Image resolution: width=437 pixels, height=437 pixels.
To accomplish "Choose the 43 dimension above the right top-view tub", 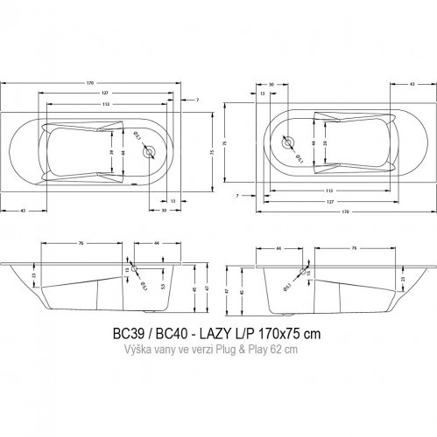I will click(412, 85).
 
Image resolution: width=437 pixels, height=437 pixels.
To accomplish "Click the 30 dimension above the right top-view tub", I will click(272, 85).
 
